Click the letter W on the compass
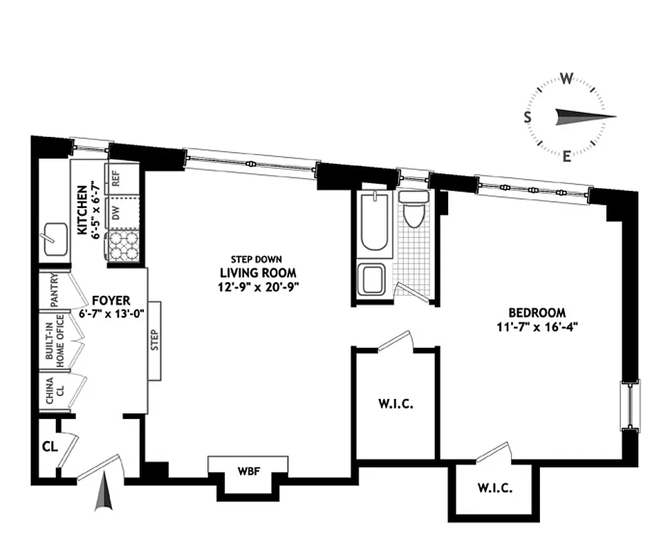tap(566, 78)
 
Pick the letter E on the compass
tap(566, 156)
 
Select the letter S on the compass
tap(527, 117)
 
